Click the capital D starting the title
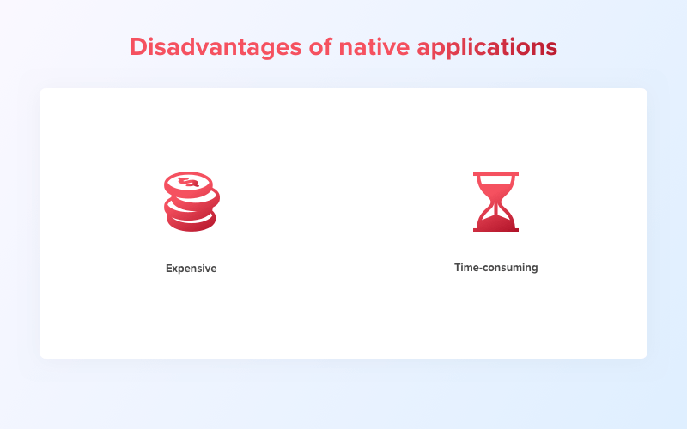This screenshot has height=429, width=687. (137, 46)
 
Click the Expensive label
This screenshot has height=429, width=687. (191, 269)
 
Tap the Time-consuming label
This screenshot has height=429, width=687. (495, 268)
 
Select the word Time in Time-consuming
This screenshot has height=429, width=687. (467, 268)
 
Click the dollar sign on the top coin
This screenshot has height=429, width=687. (189, 182)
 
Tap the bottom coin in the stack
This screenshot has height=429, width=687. (191, 222)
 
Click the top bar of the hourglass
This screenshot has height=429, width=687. (495, 174)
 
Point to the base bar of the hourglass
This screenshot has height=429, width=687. (495, 229)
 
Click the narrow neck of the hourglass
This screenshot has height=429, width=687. (495, 202)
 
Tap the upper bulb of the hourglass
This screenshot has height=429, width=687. (495, 188)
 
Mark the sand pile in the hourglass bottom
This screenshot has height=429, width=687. (495, 221)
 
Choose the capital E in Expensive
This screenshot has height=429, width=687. (169, 269)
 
